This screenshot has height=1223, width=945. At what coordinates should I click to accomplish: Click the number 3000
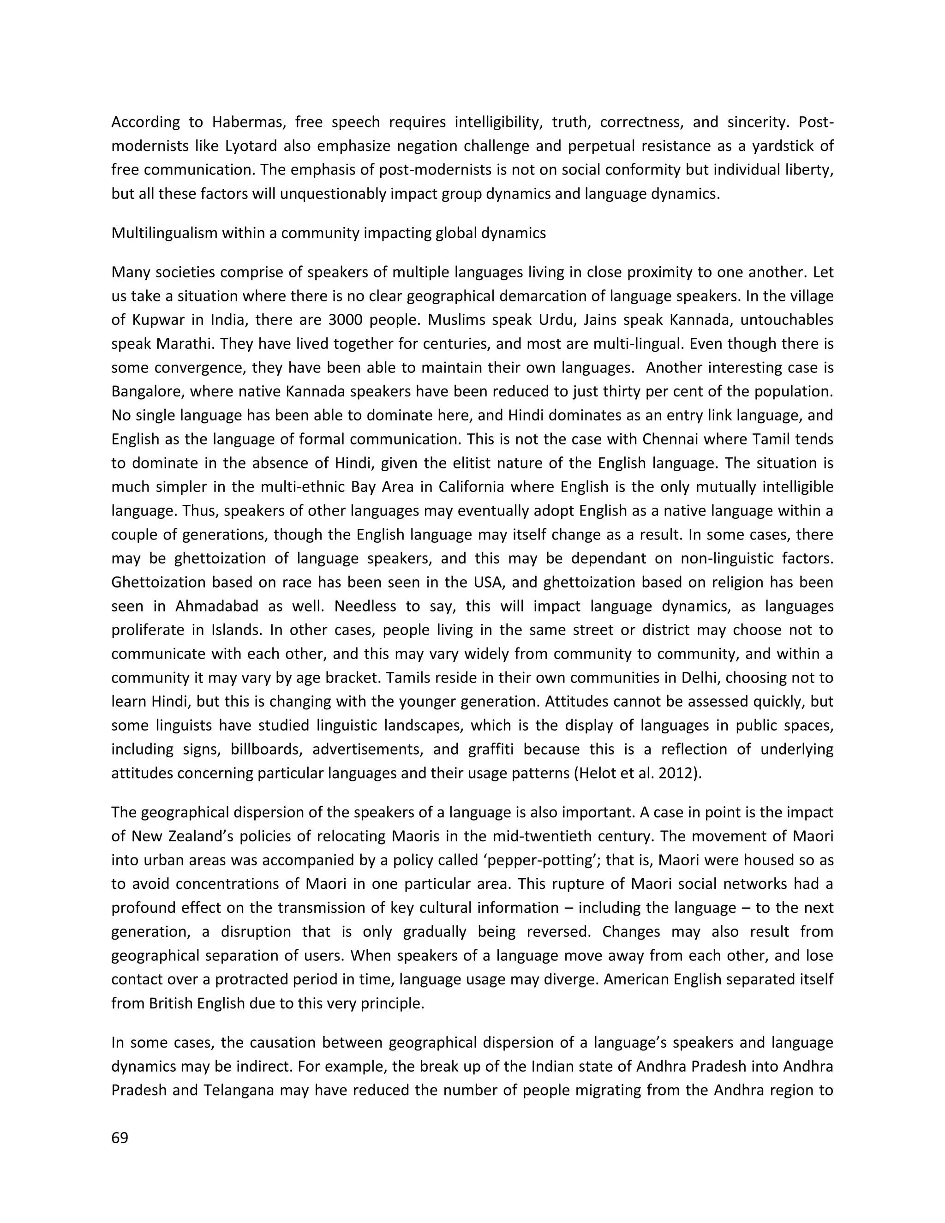click(347, 320)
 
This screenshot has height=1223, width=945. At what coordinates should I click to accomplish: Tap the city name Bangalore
click(147, 391)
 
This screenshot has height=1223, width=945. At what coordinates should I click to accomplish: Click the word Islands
click(239, 630)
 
